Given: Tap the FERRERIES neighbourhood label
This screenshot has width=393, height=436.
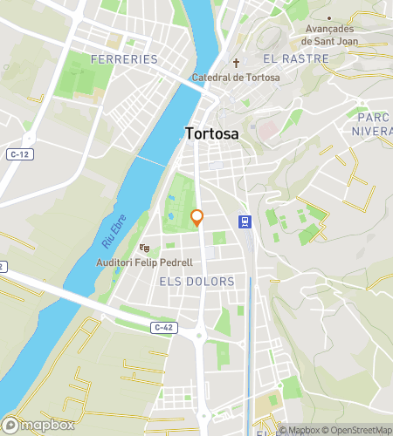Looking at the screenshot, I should [x=124, y=59].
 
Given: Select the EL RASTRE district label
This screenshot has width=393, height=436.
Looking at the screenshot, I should [x=295, y=59].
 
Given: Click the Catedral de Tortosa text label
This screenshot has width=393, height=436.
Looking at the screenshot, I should [x=236, y=78].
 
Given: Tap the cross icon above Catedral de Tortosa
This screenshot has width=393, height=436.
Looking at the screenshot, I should [x=236, y=63].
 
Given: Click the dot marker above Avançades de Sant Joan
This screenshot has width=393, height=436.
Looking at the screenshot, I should [x=329, y=17].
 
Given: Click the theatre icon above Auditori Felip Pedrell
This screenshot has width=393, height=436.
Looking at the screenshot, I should [x=145, y=249].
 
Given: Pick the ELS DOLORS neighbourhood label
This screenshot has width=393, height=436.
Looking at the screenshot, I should [x=197, y=282].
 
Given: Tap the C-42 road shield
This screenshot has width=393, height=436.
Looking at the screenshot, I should [x=162, y=327].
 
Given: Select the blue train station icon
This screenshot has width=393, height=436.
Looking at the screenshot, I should [x=246, y=221].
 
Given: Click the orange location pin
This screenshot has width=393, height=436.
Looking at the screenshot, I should [x=197, y=218].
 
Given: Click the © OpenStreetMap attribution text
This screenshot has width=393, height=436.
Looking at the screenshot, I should [x=358, y=430].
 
